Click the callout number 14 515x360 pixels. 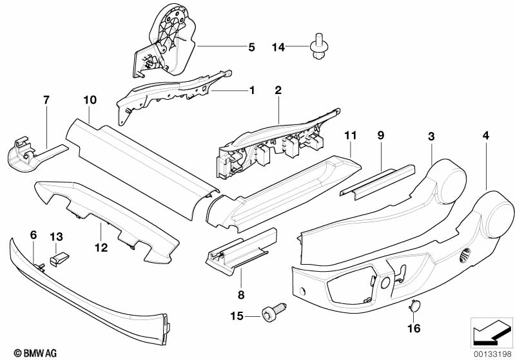point(278,47)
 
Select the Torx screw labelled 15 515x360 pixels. point(274,310)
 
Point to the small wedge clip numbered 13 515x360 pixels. point(59,259)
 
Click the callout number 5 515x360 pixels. point(251,47)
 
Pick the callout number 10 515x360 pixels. point(90,100)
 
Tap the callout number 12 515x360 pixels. point(101,247)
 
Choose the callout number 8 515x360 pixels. point(241,295)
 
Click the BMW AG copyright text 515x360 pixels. point(35,353)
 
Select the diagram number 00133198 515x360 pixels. point(492,354)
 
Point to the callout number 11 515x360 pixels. point(350,135)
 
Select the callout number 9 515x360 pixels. point(381,135)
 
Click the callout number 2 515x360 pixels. point(278,90)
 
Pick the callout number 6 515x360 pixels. point(33,235)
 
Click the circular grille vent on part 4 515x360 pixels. point(464,255)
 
